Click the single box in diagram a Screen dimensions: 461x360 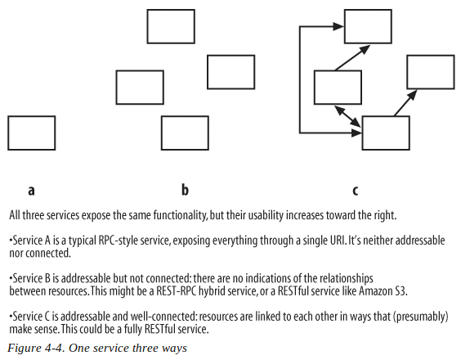point(31,133)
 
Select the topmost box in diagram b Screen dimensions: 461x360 point(171,26)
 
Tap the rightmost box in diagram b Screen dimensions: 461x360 point(230,72)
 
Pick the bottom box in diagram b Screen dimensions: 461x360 point(185,133)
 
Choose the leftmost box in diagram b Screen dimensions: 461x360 point(140,88)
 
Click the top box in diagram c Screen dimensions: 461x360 point(368,26)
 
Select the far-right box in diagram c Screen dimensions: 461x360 point(431,72)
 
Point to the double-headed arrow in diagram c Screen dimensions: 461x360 point(348,116)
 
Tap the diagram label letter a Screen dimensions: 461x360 point(31,191)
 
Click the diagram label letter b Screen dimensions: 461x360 point(185,190)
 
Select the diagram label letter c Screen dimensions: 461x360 point(356,191)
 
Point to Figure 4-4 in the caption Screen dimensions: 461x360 point(35,349)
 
